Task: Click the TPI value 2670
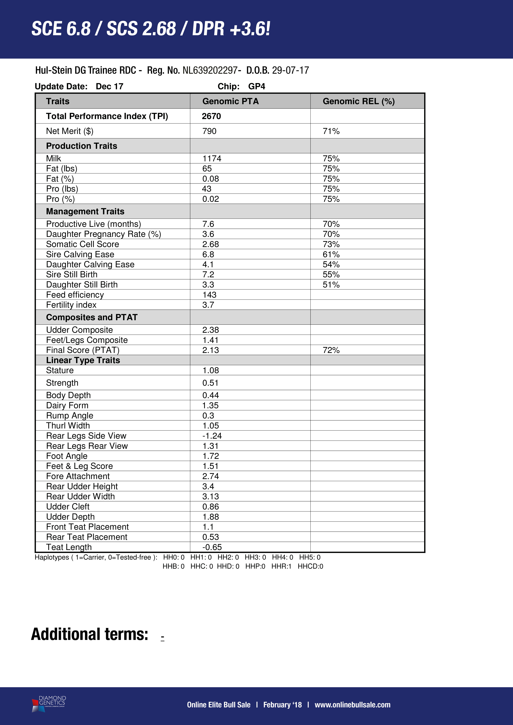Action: point(211,116)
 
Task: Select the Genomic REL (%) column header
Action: point(359,101)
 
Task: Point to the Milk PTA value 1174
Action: point(212,158)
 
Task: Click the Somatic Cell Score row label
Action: point(82,244)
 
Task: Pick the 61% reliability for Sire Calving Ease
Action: point(331,254)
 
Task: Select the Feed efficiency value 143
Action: point(209,295)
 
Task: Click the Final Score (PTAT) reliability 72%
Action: point(331,350)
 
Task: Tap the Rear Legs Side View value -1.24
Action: point(212,436)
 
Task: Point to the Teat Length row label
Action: point(69,547)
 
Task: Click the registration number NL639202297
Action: point(210,70)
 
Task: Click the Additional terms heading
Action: point(90,634)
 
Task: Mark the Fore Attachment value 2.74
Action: point(210,476)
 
